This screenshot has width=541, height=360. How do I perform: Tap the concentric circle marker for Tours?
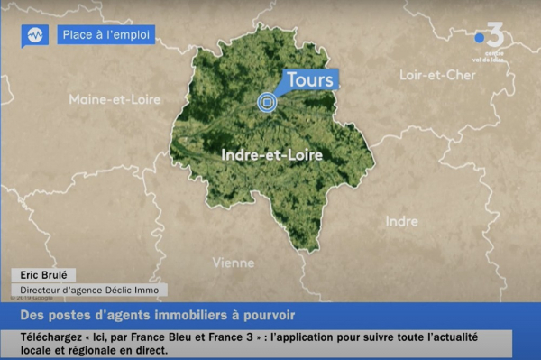(x=267, y=103)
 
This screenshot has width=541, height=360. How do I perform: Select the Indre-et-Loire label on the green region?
(x=271, y=155)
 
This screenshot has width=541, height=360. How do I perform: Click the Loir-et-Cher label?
(x=437, y=75)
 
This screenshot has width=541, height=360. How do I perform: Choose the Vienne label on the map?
(x=233, y=263)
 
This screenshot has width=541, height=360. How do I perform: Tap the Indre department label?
(x=401, y=221)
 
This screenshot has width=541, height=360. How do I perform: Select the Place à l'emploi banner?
(x=105, y=35)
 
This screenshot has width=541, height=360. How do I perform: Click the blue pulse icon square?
(x=35, y=35)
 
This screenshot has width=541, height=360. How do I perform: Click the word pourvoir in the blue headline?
(x=269, y=315)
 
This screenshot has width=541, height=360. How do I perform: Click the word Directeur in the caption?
(x=42, y=290)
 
